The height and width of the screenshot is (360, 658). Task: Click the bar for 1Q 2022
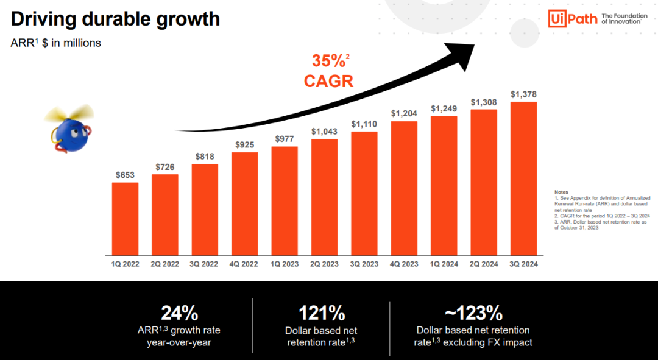[x=125, y=218]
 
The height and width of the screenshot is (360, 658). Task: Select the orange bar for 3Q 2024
[x=523, y=178]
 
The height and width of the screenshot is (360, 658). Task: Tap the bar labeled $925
[x=244, y=203]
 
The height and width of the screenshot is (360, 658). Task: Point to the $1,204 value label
[x=403, y=113]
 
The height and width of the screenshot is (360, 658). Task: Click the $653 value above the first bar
[x=125, y=175]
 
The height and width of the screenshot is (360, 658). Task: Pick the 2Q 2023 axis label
[x=324, y=264]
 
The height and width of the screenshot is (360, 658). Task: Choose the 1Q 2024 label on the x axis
[x=444, y=264]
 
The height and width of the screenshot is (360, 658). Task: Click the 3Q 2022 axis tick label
[x=205, y=264]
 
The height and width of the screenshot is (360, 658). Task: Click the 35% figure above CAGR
[x=328, y=61]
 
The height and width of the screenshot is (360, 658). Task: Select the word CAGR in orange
[x=328, y=81]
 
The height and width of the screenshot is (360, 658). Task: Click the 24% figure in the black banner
[x=179, y=313]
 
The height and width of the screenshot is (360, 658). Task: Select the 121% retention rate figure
[x=321, y=313]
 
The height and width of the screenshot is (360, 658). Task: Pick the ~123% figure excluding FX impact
[x=473, y=313]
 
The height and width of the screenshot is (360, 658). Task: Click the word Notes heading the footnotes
[x=561, y=192]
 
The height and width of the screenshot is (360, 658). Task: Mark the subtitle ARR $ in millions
[x=56, y=43]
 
